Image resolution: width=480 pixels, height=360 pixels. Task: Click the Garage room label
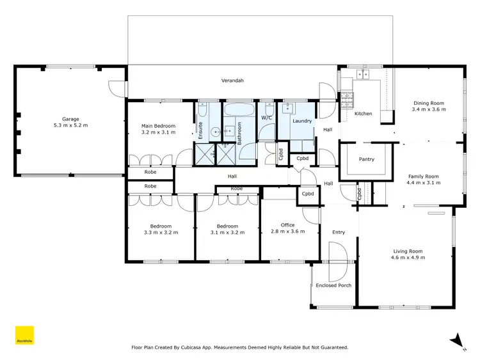point(70,119)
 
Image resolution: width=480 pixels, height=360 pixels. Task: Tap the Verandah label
point(232,81)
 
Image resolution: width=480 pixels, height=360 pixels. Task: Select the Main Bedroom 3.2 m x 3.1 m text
point(158,130)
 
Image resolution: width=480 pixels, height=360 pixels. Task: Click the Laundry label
point(301,121)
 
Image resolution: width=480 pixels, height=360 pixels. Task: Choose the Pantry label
point(366,159)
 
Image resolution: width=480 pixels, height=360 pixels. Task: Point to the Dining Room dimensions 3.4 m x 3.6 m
point(429,109)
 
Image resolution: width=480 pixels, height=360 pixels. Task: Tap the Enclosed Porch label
point(333,285)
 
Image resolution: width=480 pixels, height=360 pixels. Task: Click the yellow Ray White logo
point(24,336)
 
